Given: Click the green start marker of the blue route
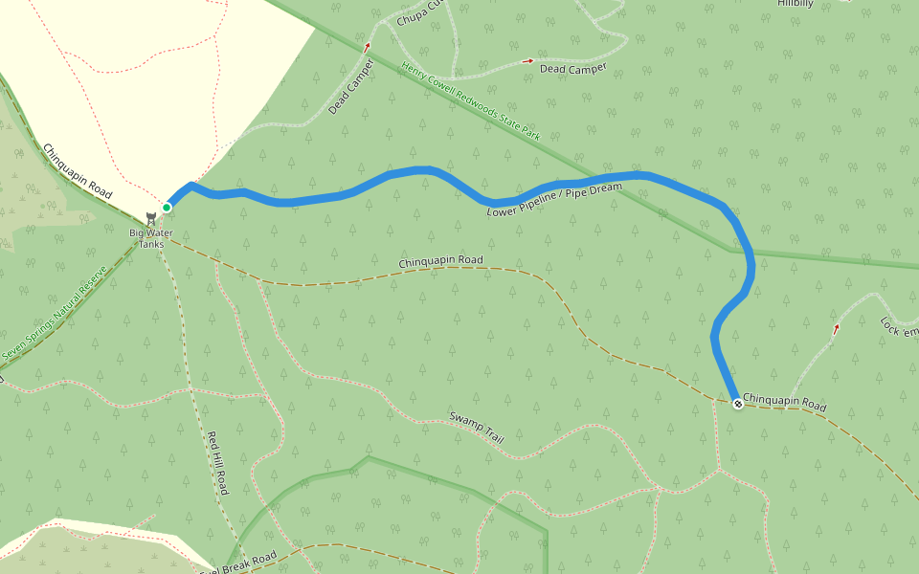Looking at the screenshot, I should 167,208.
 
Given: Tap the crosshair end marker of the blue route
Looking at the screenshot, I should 738,404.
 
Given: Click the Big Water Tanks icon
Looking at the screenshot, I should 150,219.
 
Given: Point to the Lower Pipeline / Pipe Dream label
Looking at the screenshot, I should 553,200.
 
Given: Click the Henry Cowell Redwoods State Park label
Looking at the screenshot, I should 471,102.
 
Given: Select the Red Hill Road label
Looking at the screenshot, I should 218,463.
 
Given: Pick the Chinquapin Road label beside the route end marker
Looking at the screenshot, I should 784,403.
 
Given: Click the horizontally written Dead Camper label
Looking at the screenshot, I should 573,69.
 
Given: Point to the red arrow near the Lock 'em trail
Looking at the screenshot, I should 836,328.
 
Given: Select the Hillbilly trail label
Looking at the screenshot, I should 795,4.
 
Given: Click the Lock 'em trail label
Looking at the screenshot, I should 899,325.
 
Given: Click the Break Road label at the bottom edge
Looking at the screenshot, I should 239,562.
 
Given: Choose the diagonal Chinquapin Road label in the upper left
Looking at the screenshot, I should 77,170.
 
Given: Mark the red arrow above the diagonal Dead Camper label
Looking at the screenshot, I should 367,45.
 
